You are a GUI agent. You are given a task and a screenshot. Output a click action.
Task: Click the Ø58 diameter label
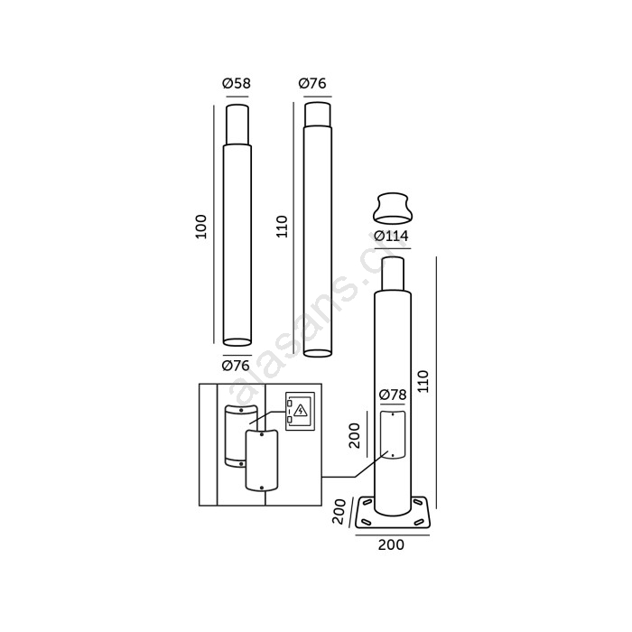point(237,83)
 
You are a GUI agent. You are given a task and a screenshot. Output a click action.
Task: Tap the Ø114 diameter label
point(391,236)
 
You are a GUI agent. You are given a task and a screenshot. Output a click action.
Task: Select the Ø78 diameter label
point(393,395)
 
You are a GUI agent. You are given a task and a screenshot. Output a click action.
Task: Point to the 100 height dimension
point(200,227)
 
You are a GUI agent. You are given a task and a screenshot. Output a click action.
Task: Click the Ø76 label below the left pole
point(236,366)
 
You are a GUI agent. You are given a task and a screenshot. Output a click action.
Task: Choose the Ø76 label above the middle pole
point(312,83)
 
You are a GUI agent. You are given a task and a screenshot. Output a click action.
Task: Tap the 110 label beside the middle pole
point(282,227)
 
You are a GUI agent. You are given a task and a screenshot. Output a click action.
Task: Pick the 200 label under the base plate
point(391,545)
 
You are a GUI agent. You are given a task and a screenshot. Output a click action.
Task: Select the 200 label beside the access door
point(354,435)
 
